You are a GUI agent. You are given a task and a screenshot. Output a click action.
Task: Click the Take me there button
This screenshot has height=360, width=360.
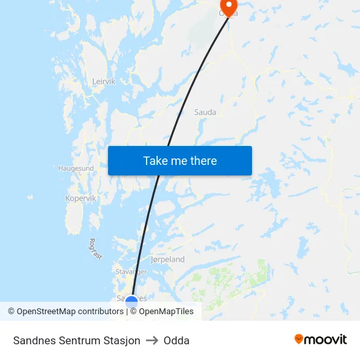point(180,160)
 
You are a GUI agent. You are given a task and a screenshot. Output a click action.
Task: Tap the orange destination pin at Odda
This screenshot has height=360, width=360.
point(229,7)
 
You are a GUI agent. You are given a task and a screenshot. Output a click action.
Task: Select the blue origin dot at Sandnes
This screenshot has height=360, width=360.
point(132,302)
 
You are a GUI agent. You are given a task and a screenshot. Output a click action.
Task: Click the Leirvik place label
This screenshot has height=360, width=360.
point(104,82)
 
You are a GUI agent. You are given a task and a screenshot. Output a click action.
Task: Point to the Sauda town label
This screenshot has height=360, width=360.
point(205,113)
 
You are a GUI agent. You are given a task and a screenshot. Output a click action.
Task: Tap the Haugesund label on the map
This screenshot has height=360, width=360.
point(76,168)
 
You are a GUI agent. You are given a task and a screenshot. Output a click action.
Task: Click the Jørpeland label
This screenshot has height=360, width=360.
point(168,260)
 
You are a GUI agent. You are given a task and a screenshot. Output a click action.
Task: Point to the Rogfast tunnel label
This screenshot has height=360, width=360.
point(94,248)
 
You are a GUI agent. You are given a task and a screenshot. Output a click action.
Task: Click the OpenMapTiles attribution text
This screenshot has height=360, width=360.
point(166,312)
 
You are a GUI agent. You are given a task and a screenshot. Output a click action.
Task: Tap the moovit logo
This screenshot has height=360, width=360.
point(321,340)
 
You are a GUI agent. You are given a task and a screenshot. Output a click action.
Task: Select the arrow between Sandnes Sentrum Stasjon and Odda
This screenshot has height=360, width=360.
point(152,340)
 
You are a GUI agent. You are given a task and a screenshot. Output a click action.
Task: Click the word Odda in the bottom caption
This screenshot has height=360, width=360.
point(177,340)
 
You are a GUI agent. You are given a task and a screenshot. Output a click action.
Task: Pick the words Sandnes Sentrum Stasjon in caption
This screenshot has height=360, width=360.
point(77,340)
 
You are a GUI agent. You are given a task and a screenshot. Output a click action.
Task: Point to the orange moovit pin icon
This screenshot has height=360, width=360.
point(299,339)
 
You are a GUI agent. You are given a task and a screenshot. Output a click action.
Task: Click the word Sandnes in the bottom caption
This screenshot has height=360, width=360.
point(32,340)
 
